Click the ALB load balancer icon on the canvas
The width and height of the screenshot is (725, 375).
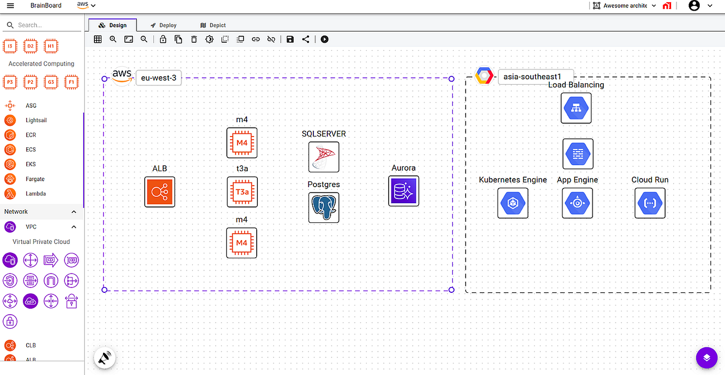click(x=160, y=192)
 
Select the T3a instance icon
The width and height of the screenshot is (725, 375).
click(x=242, y=192)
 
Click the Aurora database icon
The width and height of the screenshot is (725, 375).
click(x=404, y=191)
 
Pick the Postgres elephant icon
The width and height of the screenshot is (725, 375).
click(x=324, y=208)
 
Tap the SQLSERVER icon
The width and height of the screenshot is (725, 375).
click(x=324, y=157)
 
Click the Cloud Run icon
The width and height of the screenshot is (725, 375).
click(x=650, y=203)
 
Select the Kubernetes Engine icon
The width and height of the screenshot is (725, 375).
click(x=513, y=203)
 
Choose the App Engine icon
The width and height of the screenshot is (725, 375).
click(x=577, y=203)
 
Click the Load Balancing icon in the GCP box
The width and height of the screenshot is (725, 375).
click(x=576, y=108)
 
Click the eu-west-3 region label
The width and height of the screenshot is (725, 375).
click(x=159, y=78)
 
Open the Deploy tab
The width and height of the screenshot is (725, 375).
click(x=163, y=25)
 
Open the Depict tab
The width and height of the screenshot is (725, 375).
click(x=213, y=25)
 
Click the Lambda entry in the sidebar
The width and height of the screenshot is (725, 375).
click(x=36, y=194)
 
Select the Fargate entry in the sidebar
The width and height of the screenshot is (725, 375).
click(x=35, y=179)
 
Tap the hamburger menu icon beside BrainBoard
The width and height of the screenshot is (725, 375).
click(x=10, y=6)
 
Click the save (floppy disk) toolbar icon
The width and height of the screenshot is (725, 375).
click(x=290, y=39)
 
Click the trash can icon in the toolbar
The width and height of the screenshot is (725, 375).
click(x=194, y=39)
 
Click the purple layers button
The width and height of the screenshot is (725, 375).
click(x=706, y=357)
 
